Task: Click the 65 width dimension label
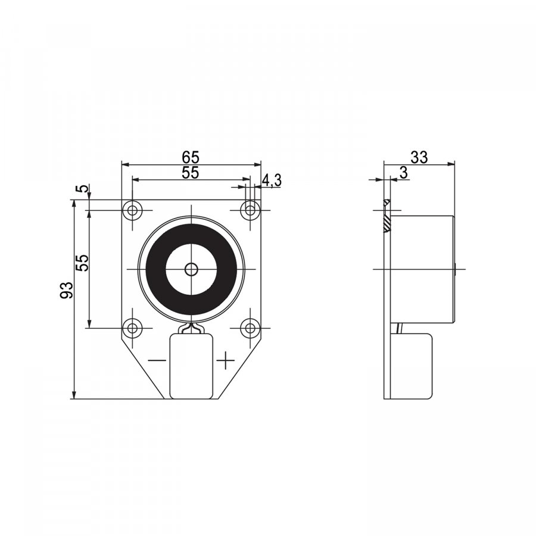(x=191, y=157)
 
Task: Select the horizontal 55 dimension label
(x=191, y=172)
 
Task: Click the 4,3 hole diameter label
(x=272, y=180)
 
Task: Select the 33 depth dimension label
(x=419, y=157)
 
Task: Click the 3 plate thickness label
(x=404, y=173)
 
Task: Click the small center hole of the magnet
(x=191, y=269)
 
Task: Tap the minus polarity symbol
(x=157, y=360)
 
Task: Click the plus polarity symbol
(x=225, y=360)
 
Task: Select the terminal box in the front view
(x=191, y=366)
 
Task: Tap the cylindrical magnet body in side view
(x=423, y=269)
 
